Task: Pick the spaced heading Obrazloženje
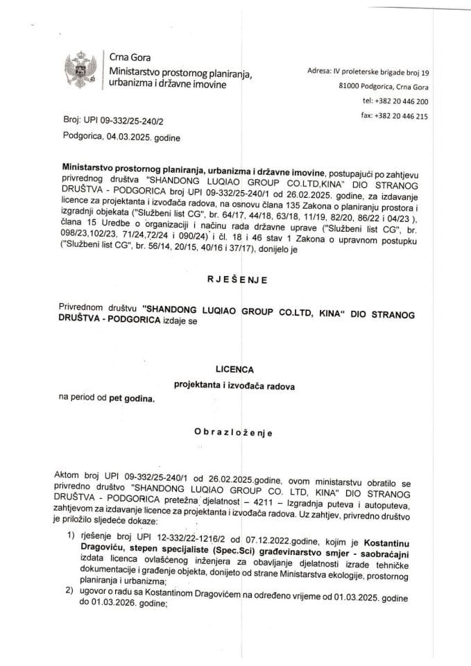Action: coord(234,434)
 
